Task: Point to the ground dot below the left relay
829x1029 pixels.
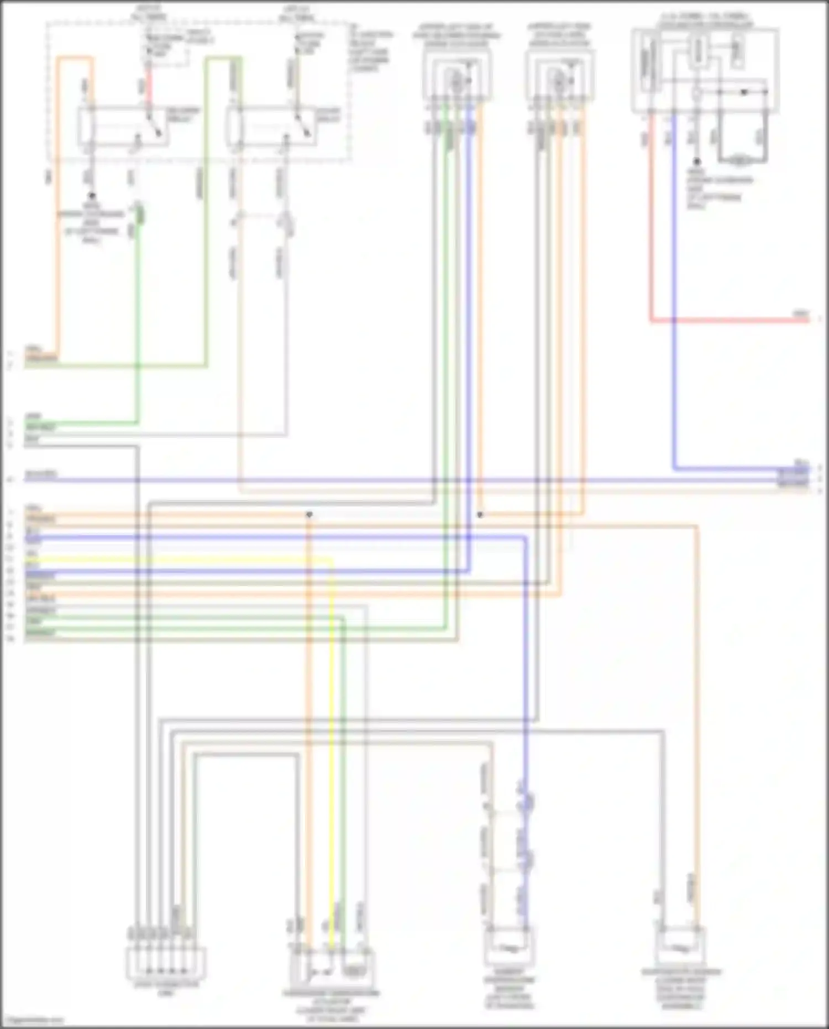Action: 92,196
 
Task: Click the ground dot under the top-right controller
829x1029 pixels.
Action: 697,161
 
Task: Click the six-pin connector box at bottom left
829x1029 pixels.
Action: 166,962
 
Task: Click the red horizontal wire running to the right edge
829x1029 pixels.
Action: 730,320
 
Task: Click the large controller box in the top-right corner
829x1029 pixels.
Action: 705,72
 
